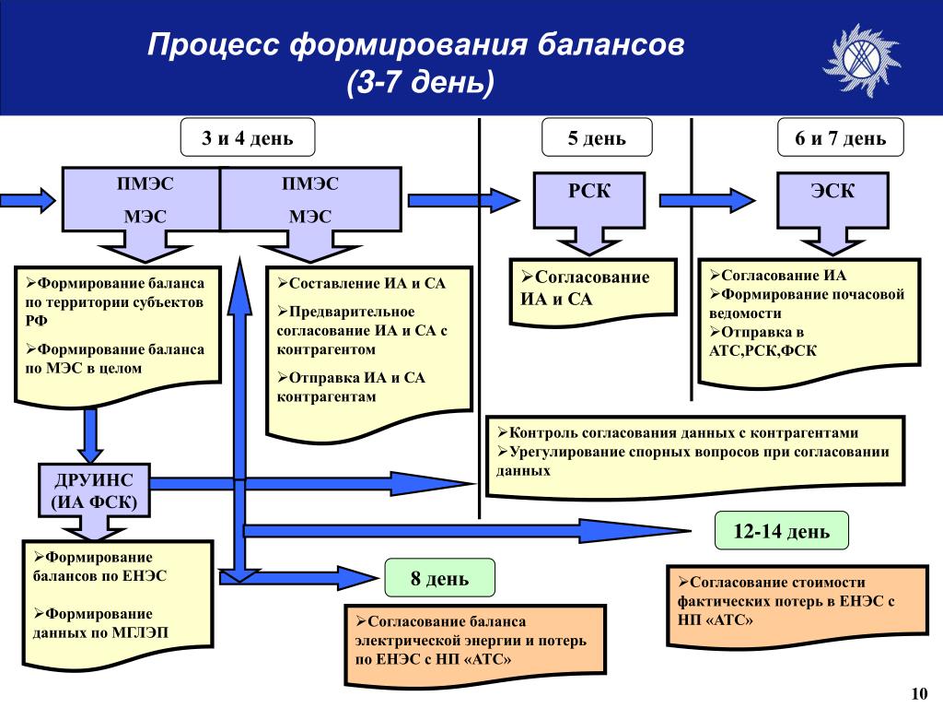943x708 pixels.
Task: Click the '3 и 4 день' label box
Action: pyautogui.click(x=248, y=138)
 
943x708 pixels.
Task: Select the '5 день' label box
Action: pyautogui.click(x=597, y=138)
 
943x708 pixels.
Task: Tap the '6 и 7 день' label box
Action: pyautogui.click(x=840, y=138)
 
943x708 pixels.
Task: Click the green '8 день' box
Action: pyautogui.click(x=439, y=579)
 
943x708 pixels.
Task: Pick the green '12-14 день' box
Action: pyautogui.click(x=781, y=532)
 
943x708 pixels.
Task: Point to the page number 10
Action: pyautogui.click(x=917, y=693)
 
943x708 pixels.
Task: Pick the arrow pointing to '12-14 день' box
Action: pyautogui.click(x=470, y=529)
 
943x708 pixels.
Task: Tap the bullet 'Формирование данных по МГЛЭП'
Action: pyautogui.click(x=101, y=623)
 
